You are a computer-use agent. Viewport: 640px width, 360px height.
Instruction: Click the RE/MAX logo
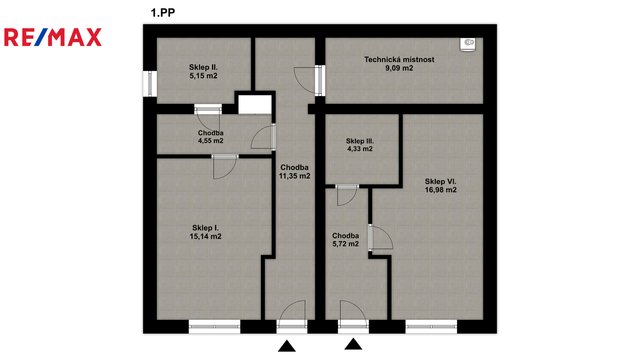(x=53, y=37)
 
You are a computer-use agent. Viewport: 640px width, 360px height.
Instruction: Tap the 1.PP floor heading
(x=163, y=13)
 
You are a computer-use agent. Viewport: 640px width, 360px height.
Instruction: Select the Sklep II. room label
(x=203, y=68)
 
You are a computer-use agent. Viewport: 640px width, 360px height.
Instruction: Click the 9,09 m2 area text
(x=399, y=68)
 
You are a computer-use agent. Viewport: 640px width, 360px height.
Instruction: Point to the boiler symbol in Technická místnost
(x=468, y=44)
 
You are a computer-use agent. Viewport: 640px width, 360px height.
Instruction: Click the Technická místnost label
(x=399, y=60)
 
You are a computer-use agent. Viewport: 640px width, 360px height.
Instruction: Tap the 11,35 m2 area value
(x=294, y=176)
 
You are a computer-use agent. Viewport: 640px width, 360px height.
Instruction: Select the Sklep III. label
(x=360, y=141)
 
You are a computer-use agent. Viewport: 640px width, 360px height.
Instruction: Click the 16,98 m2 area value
(x=440, y=190)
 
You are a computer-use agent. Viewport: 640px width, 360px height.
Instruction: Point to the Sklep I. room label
(x=205, y=228)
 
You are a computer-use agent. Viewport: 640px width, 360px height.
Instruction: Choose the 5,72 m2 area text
(x=346, y=244)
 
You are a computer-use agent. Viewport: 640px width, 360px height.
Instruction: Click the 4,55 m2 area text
(x=210, y=140)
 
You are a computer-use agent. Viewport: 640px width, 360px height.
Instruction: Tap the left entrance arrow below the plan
(x=286, y=346)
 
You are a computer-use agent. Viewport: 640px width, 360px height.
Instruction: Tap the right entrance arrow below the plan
(x=353, y=344)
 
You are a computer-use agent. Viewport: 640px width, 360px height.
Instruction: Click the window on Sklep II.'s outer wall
(x=150, y=84)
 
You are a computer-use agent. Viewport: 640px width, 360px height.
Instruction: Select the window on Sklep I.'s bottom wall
(x=214, y=326)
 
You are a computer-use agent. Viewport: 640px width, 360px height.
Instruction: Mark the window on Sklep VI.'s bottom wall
(x=431, y=326)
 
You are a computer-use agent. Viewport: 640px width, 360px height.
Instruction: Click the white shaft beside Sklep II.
(x=255, y=105)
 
